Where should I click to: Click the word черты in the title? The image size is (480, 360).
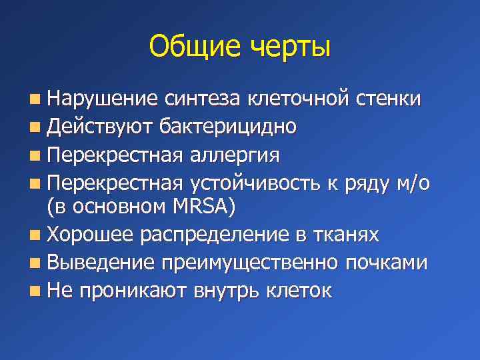point(291,47)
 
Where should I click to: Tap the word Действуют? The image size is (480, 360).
point(100,127)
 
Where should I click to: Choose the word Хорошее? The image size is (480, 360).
point(93,235)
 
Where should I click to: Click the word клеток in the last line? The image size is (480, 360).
point(297,291)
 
